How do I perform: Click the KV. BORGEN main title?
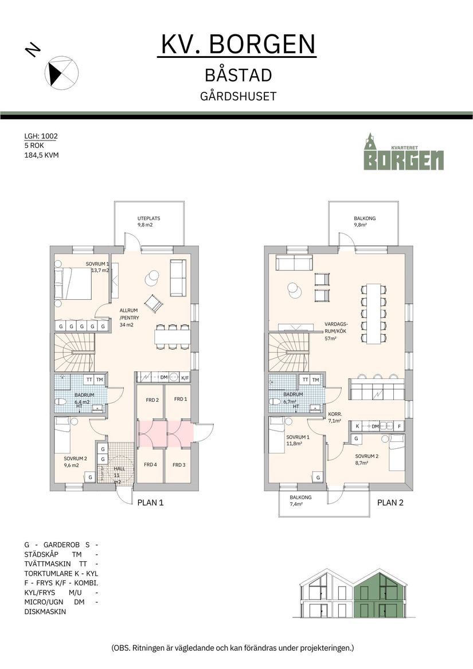point(238,44)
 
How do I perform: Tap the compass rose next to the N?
point(61,73)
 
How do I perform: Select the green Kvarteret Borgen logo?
point(404,151)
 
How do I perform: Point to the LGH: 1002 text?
point(41,136)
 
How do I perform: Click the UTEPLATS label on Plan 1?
point(148,218)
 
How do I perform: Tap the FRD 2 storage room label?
point(152,400)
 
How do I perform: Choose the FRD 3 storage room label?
point(179,465)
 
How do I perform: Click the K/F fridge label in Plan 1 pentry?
point(185,378)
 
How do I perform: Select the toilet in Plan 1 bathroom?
point(61,401)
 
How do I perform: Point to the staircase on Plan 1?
point(74,353)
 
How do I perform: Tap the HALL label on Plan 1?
point(119,468)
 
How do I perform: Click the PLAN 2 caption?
point(390,503)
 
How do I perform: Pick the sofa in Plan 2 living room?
point(294,263)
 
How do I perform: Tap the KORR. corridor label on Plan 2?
point(335,414)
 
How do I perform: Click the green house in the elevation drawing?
point(380,594)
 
